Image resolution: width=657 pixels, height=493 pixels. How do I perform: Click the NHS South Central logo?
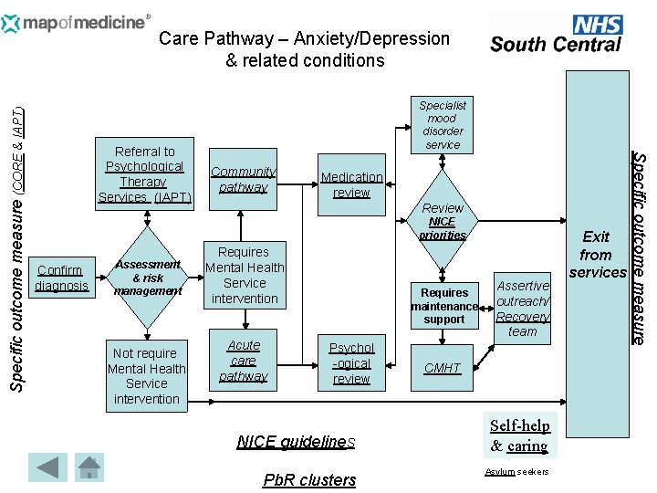tap(556, 34)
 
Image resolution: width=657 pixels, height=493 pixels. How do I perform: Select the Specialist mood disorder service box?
tap(443, 125)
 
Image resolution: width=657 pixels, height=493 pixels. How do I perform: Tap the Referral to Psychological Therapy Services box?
tap(145, 174)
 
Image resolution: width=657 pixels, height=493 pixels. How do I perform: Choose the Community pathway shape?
tap(243, 180)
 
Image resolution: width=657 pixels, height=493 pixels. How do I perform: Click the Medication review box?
tap(351, 185)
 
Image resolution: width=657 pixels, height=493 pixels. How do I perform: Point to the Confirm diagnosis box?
tap(61, 278)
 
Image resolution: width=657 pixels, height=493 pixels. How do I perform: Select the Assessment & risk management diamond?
tap(147, 278)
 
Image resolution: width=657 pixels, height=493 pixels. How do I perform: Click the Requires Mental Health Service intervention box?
tap(244, 275)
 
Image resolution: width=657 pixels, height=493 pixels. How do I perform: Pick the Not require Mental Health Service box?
tap(146, 375)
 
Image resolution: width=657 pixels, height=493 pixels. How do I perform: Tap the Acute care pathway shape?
tap(244, 361)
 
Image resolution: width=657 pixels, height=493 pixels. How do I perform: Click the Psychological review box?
tap(351, 363)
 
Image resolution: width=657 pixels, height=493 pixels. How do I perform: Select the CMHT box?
tap(443, 368)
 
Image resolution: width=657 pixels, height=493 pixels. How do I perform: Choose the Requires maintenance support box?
tap(443, 306)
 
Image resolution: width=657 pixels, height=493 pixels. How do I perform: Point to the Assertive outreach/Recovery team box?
tap(522, 308)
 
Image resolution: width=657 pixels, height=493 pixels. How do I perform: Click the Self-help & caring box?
tap(519, 435)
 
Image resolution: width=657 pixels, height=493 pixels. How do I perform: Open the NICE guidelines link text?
tap(296, 442)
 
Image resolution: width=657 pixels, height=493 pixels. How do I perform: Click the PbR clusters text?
tap(309, 480)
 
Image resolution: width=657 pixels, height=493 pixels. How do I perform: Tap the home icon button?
tap(89, 467)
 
